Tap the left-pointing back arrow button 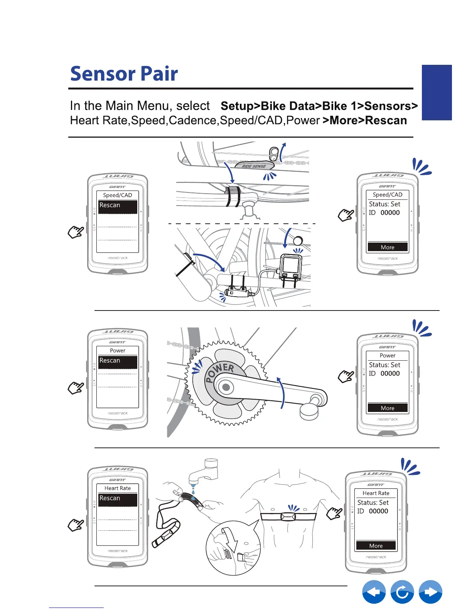pyautogui.click(x=374, y=592)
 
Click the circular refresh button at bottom pyautogui.click(x=402, y=592)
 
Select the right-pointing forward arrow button pyautogui.click(x=430, y=592)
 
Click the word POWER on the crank pyautogui.click(x=219, y=373)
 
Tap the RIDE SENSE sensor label pyautogui.click(x=254, y=166)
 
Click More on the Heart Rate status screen pyautogui.click(x=376, y=545)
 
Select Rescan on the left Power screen pyautogui.click(x=117, y=361)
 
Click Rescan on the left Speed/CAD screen pyautogui.click(x=117, y=206)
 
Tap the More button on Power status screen pyautogui.click(x=388, y=408)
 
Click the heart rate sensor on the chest pyautogui.click(x=288, y=516)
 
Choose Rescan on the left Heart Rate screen pyautogui.click(x=117, y=499)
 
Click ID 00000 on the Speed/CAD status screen pyautogui.click(x=384, y=213)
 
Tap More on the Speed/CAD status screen pyautogui.click(x=388, y=247)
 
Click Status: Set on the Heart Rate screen pyautogui.click(x=373, y=503)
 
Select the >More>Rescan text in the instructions pyautogui.click(x=365, y=120)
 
